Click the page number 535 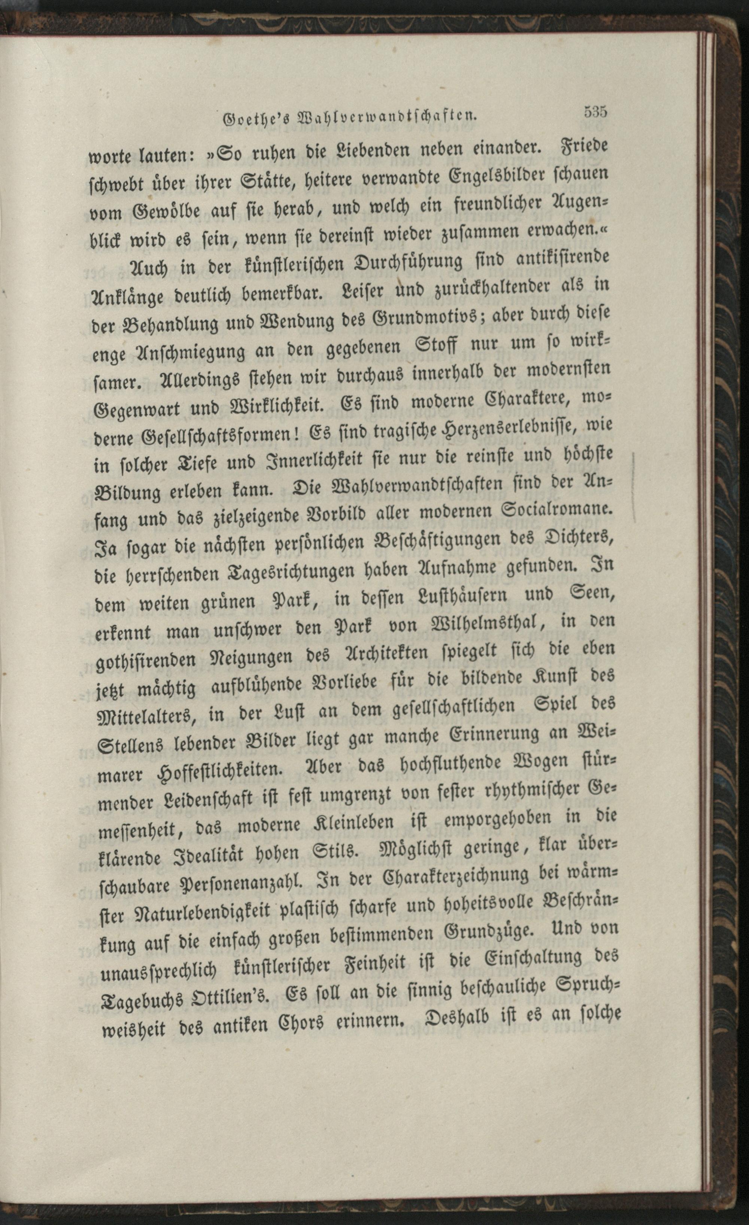pyautogui.click(x=596, y=111)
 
